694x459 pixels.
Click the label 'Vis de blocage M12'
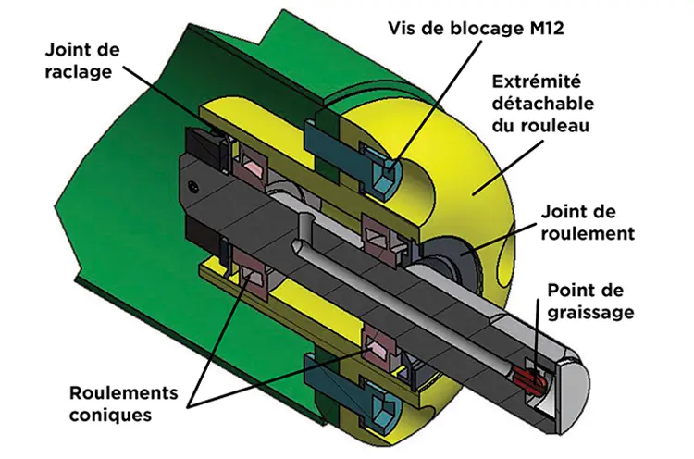point(476,29)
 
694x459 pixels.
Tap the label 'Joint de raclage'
point(81,61)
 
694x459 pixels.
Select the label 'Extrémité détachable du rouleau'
point(542,104)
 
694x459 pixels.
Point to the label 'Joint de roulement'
point(588,223)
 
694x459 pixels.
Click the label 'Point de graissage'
point(590,302)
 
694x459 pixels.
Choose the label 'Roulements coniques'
point(123,403)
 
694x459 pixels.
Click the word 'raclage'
point(79,71)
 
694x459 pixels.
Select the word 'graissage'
point(590,312)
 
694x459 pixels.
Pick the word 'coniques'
point(110,416)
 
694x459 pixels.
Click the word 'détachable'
point(542,104)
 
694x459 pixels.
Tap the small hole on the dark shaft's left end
point(192,186)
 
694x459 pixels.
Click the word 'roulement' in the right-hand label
point(588,233)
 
